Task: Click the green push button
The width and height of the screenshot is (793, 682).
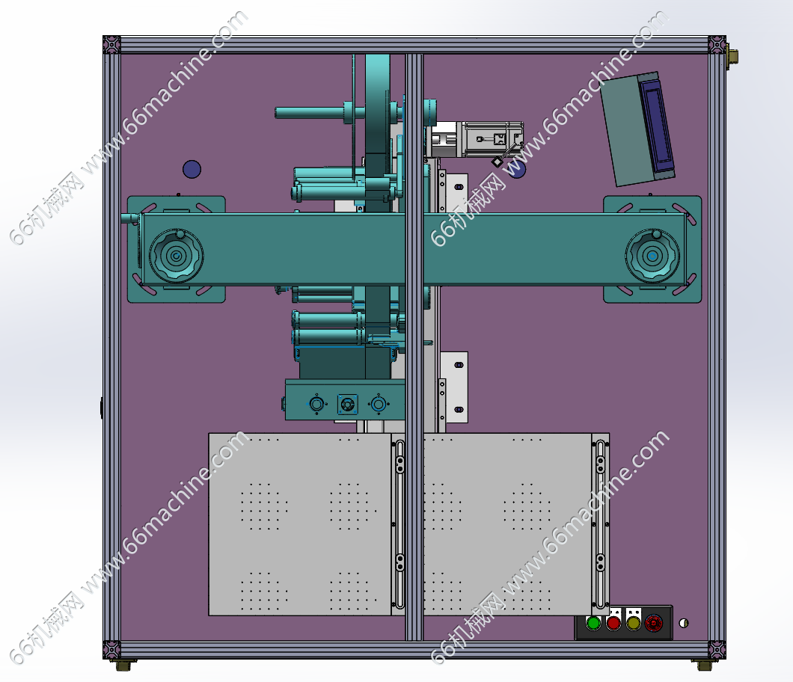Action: point(593,623)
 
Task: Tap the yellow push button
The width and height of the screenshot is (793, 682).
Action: point(633,623)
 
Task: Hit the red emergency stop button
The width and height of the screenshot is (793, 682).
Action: point(653,623)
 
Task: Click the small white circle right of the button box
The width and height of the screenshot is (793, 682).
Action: point(683,623)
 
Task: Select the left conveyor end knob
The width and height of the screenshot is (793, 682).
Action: point(176,256)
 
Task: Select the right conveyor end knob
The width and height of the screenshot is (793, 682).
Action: point(652,256)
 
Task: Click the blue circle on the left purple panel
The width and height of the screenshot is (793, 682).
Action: point(192,169)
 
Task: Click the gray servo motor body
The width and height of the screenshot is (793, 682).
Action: point(489,139)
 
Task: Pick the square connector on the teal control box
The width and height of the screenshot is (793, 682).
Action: point(347,405)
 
